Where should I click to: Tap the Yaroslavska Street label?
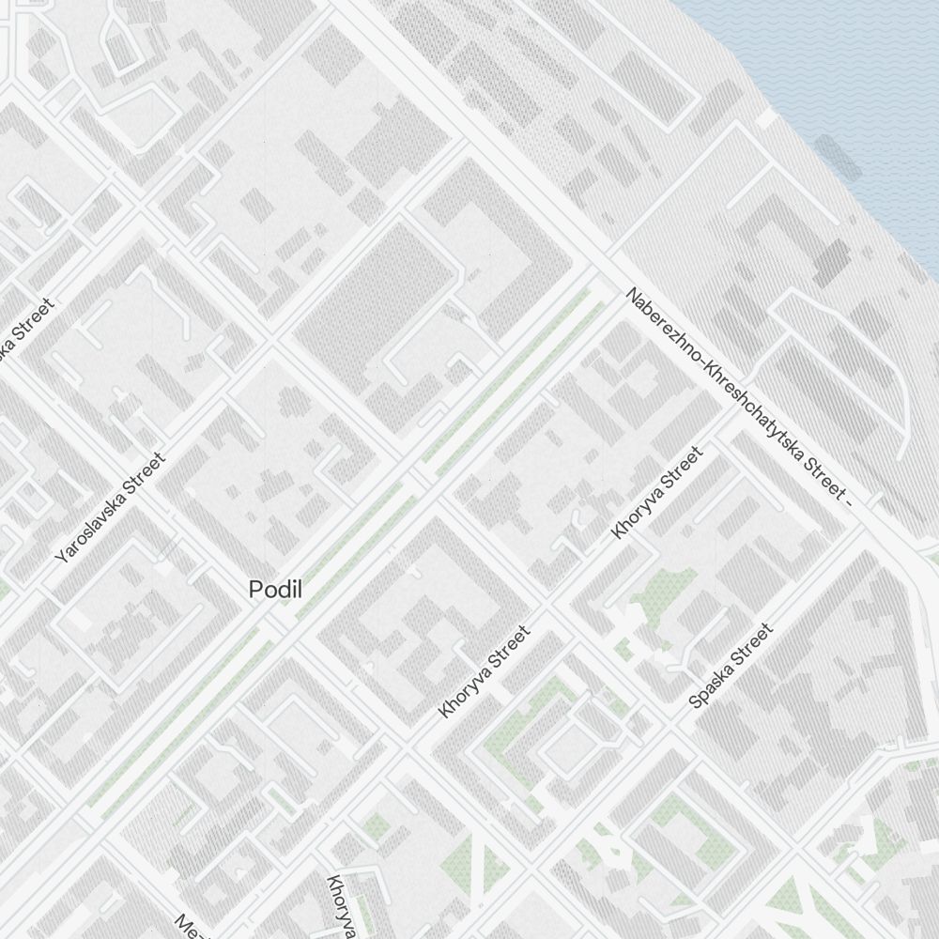[110, 508]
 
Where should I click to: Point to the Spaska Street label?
[731, 666]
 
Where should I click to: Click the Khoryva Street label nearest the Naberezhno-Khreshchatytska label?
[656, 493]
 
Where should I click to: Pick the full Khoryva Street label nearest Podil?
[485, 671]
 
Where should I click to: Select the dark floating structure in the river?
[839, 157]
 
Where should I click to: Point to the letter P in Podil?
[254, 590]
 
